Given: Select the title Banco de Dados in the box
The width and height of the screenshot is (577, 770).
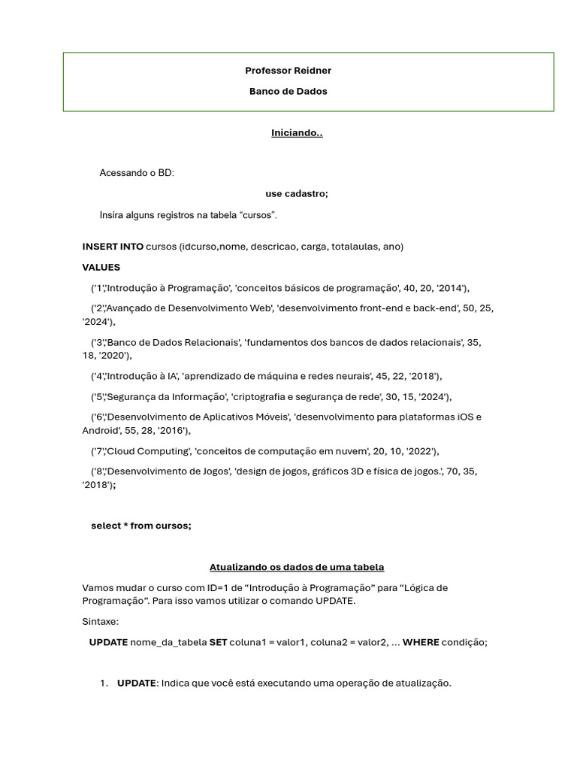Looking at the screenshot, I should coord(288,92).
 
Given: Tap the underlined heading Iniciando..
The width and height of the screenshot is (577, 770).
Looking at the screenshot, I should coord(297,133).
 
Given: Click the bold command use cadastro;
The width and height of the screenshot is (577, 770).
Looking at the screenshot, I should coord(297,193).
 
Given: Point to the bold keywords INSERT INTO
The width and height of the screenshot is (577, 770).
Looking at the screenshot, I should coord(113,247).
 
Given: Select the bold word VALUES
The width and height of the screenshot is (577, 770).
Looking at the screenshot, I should coord(101,267).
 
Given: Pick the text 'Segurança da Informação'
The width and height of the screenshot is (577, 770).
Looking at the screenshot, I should coord(168,397).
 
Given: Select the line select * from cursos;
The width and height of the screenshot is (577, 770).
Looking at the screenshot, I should coord(141,526).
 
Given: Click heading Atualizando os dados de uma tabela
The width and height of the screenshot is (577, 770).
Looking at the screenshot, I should coord(297,567).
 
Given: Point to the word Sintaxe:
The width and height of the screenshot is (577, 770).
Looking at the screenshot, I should coord(101,622).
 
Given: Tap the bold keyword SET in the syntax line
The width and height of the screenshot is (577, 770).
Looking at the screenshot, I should coord(218,642).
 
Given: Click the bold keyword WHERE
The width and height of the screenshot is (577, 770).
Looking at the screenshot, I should coord(421,642).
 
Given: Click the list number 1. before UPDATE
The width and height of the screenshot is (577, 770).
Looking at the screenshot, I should coord(104,683).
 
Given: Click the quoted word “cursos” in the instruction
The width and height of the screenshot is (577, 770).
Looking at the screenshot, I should coord(257,215).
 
